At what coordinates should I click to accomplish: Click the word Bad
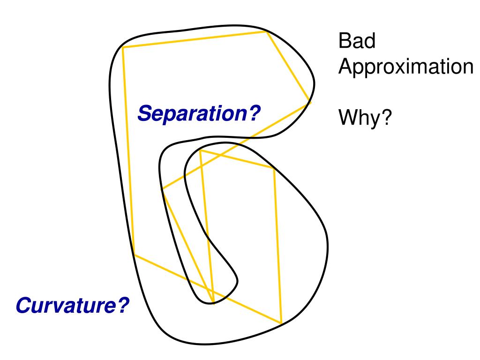point(357,42)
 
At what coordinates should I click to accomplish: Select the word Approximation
point(406,67)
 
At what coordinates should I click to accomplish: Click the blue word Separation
point(192,113)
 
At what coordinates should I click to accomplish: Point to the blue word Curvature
point(66,306)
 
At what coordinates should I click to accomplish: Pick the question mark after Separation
point(254,113)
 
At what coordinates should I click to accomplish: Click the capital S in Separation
point(144,113)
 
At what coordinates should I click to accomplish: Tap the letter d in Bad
point(370,42)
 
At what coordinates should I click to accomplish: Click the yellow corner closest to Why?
point(310,101)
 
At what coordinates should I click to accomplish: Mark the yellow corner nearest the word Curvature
point(134,255)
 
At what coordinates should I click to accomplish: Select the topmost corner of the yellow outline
point(266,31)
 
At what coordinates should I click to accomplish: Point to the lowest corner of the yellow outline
point(281,323)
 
